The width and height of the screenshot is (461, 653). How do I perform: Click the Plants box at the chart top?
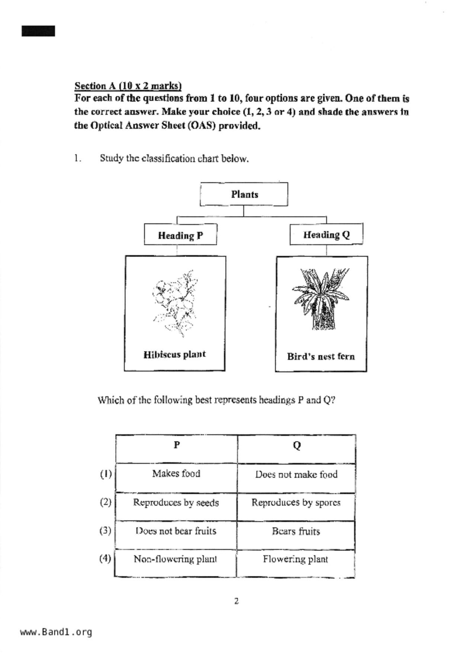[244, 194]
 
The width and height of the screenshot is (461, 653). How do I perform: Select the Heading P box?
[180, 235]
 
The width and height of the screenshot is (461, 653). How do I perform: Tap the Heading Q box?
[326, 235]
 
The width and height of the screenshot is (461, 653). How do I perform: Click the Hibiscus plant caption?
[175, 354]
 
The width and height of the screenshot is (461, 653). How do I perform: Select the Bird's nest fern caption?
[321, 356]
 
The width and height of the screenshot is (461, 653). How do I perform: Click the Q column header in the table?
[297, 445]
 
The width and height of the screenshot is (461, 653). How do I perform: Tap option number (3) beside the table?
[105, 531]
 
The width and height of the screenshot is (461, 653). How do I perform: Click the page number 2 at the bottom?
[236, 601]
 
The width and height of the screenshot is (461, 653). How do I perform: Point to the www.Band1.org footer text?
[56, 632]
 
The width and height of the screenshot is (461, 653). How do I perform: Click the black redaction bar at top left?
[38, 31]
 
